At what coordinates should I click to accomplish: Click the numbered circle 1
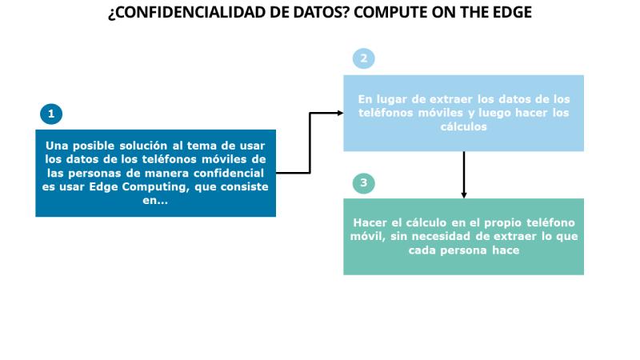[51, 114]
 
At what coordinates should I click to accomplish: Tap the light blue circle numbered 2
[364, 58]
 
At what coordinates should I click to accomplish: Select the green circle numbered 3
[364, 183]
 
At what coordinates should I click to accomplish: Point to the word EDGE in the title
[512, 12]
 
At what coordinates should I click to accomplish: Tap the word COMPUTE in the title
[388, 12]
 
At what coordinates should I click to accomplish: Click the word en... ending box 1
[155, 200]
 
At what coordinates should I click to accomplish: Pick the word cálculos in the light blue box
[464, 126]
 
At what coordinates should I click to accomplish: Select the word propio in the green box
[503, 223]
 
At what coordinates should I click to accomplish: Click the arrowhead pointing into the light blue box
[340, 113]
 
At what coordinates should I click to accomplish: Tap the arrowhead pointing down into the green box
[464, 195]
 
